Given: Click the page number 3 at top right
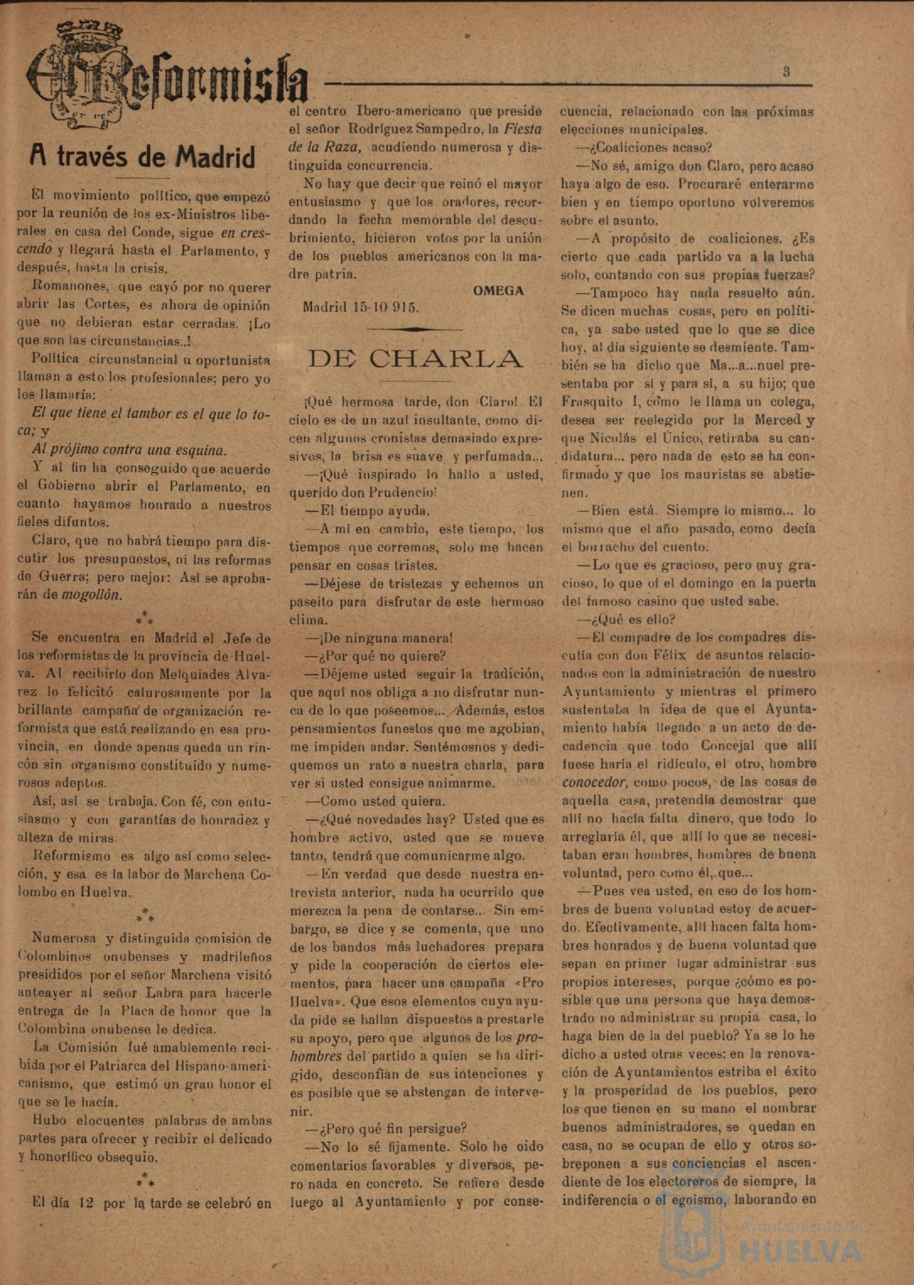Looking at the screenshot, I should (786, 72).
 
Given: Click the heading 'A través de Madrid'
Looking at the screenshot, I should (143, 158).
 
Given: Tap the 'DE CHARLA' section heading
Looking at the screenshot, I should (415, 359).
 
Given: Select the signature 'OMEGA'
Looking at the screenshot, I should (498, 291).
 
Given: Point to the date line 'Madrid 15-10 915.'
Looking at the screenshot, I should (360, 308).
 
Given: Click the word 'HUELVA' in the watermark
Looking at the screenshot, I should (801, 1251).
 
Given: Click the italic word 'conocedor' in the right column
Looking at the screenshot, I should (594, 782).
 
